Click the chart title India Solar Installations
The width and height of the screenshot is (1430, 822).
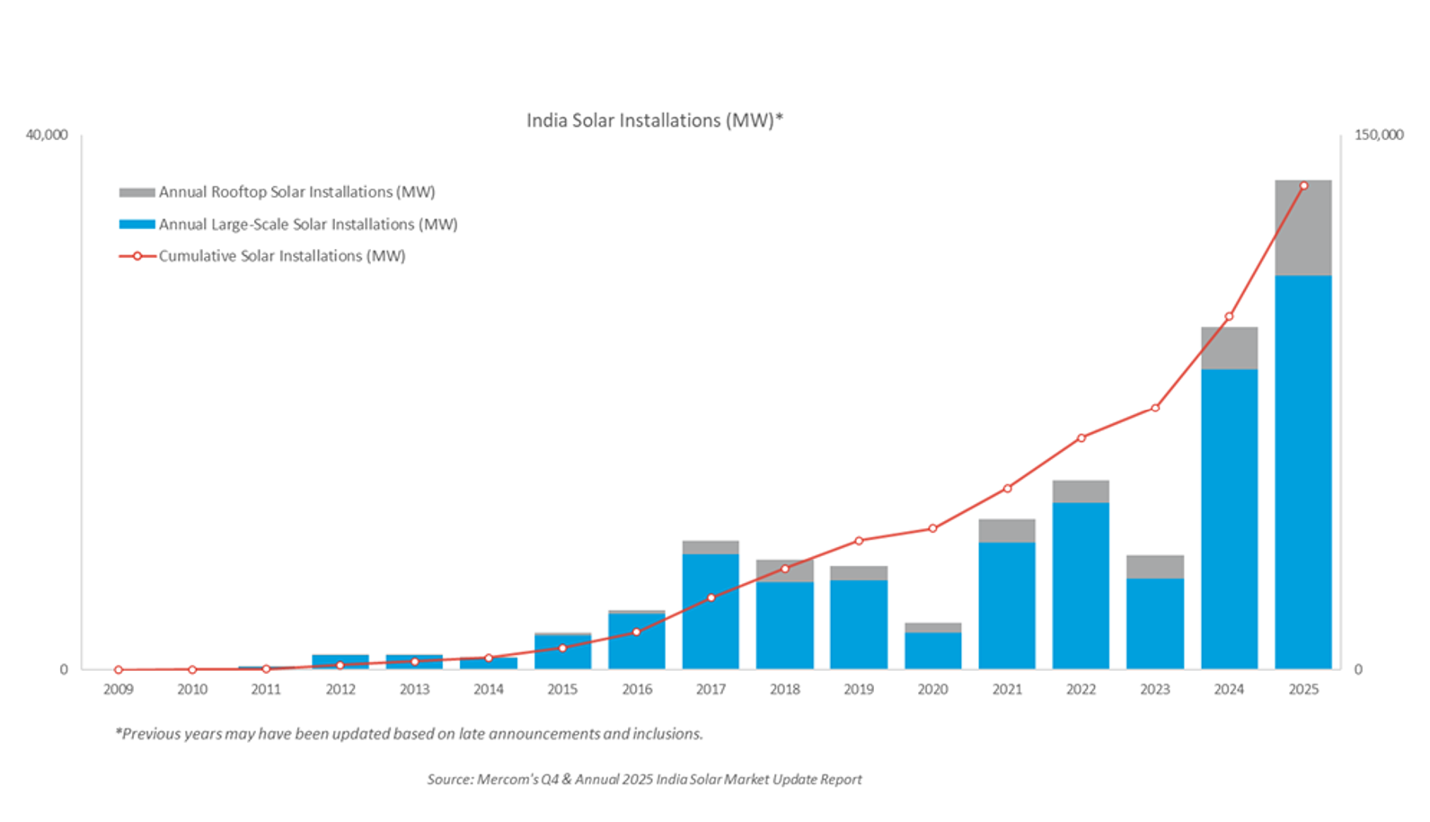pos(654,120)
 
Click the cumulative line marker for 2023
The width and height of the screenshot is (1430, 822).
pos(1155,408)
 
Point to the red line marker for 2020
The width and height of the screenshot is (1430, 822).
pos(932,528)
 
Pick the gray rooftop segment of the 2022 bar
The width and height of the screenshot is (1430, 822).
pos(1081,491)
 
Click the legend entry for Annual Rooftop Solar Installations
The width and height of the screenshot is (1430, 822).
pos(296,192)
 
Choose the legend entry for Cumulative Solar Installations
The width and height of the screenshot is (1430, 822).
pos(282,256)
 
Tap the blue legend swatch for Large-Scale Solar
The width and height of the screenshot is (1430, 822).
pos(137,225)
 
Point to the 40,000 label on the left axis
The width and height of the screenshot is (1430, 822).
pos(47,135)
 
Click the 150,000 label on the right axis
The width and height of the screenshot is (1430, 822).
pos(1378,135)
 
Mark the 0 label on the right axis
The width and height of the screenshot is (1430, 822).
pos(1357,669)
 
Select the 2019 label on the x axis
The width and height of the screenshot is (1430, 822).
pos(859,689)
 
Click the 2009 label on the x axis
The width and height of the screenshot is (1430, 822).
pos(118,689)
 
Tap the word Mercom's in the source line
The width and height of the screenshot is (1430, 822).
pos(507,779)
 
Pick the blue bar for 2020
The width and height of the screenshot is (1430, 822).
pos(932,650)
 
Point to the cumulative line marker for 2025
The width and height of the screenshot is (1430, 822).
pos(1303,186)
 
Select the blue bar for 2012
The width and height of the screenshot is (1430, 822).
pos(340,662)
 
